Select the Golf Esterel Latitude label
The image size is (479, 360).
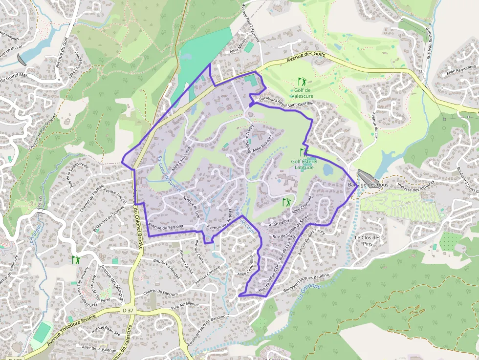[304, 164]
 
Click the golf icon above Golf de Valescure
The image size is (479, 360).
[302, 81]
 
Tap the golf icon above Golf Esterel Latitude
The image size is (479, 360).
[304, 152]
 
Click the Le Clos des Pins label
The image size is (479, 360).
[367, 240]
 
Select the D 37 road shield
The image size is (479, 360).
[127, 310]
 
